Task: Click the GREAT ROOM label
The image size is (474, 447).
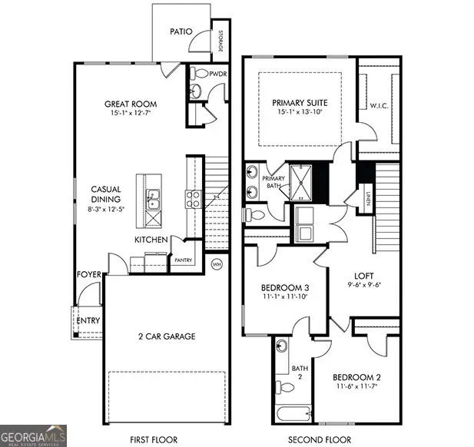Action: point(131,104)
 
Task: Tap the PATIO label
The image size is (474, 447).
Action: point(181,32)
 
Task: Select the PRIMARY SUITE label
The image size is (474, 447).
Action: point(299,102)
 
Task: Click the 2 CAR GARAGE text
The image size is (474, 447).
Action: point(166,336)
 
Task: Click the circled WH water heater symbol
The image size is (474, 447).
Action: point(217,263)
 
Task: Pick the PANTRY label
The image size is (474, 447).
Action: point(183,260)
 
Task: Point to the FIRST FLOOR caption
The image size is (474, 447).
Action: point(154,440)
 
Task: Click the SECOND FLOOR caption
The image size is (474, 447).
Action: point(315,440)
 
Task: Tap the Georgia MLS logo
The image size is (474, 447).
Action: point(34,434)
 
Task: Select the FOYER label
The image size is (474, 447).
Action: point(88,274)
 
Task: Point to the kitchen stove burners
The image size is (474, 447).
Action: point(193,200)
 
